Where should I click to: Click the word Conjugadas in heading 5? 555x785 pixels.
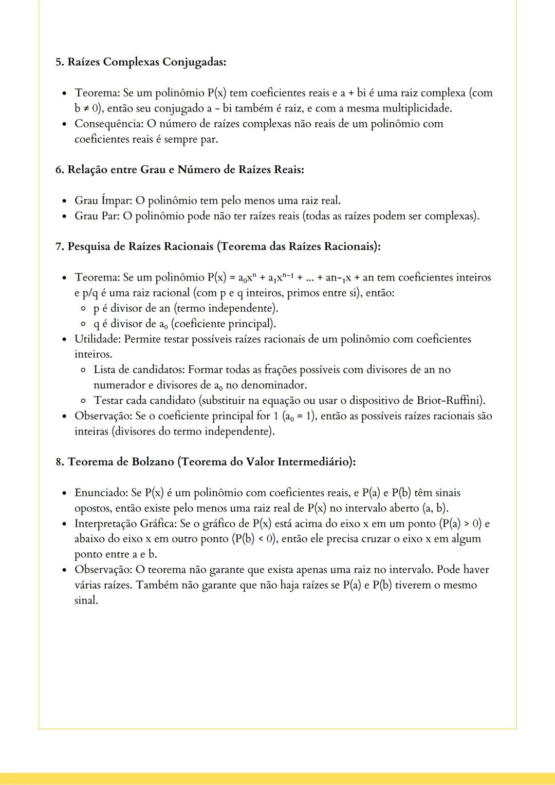point(194,62)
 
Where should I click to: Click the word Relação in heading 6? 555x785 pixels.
point(87,170)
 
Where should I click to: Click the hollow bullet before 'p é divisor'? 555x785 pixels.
point(83,309)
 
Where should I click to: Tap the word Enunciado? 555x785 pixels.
point(101,493)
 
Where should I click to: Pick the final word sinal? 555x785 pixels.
point(86,600)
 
